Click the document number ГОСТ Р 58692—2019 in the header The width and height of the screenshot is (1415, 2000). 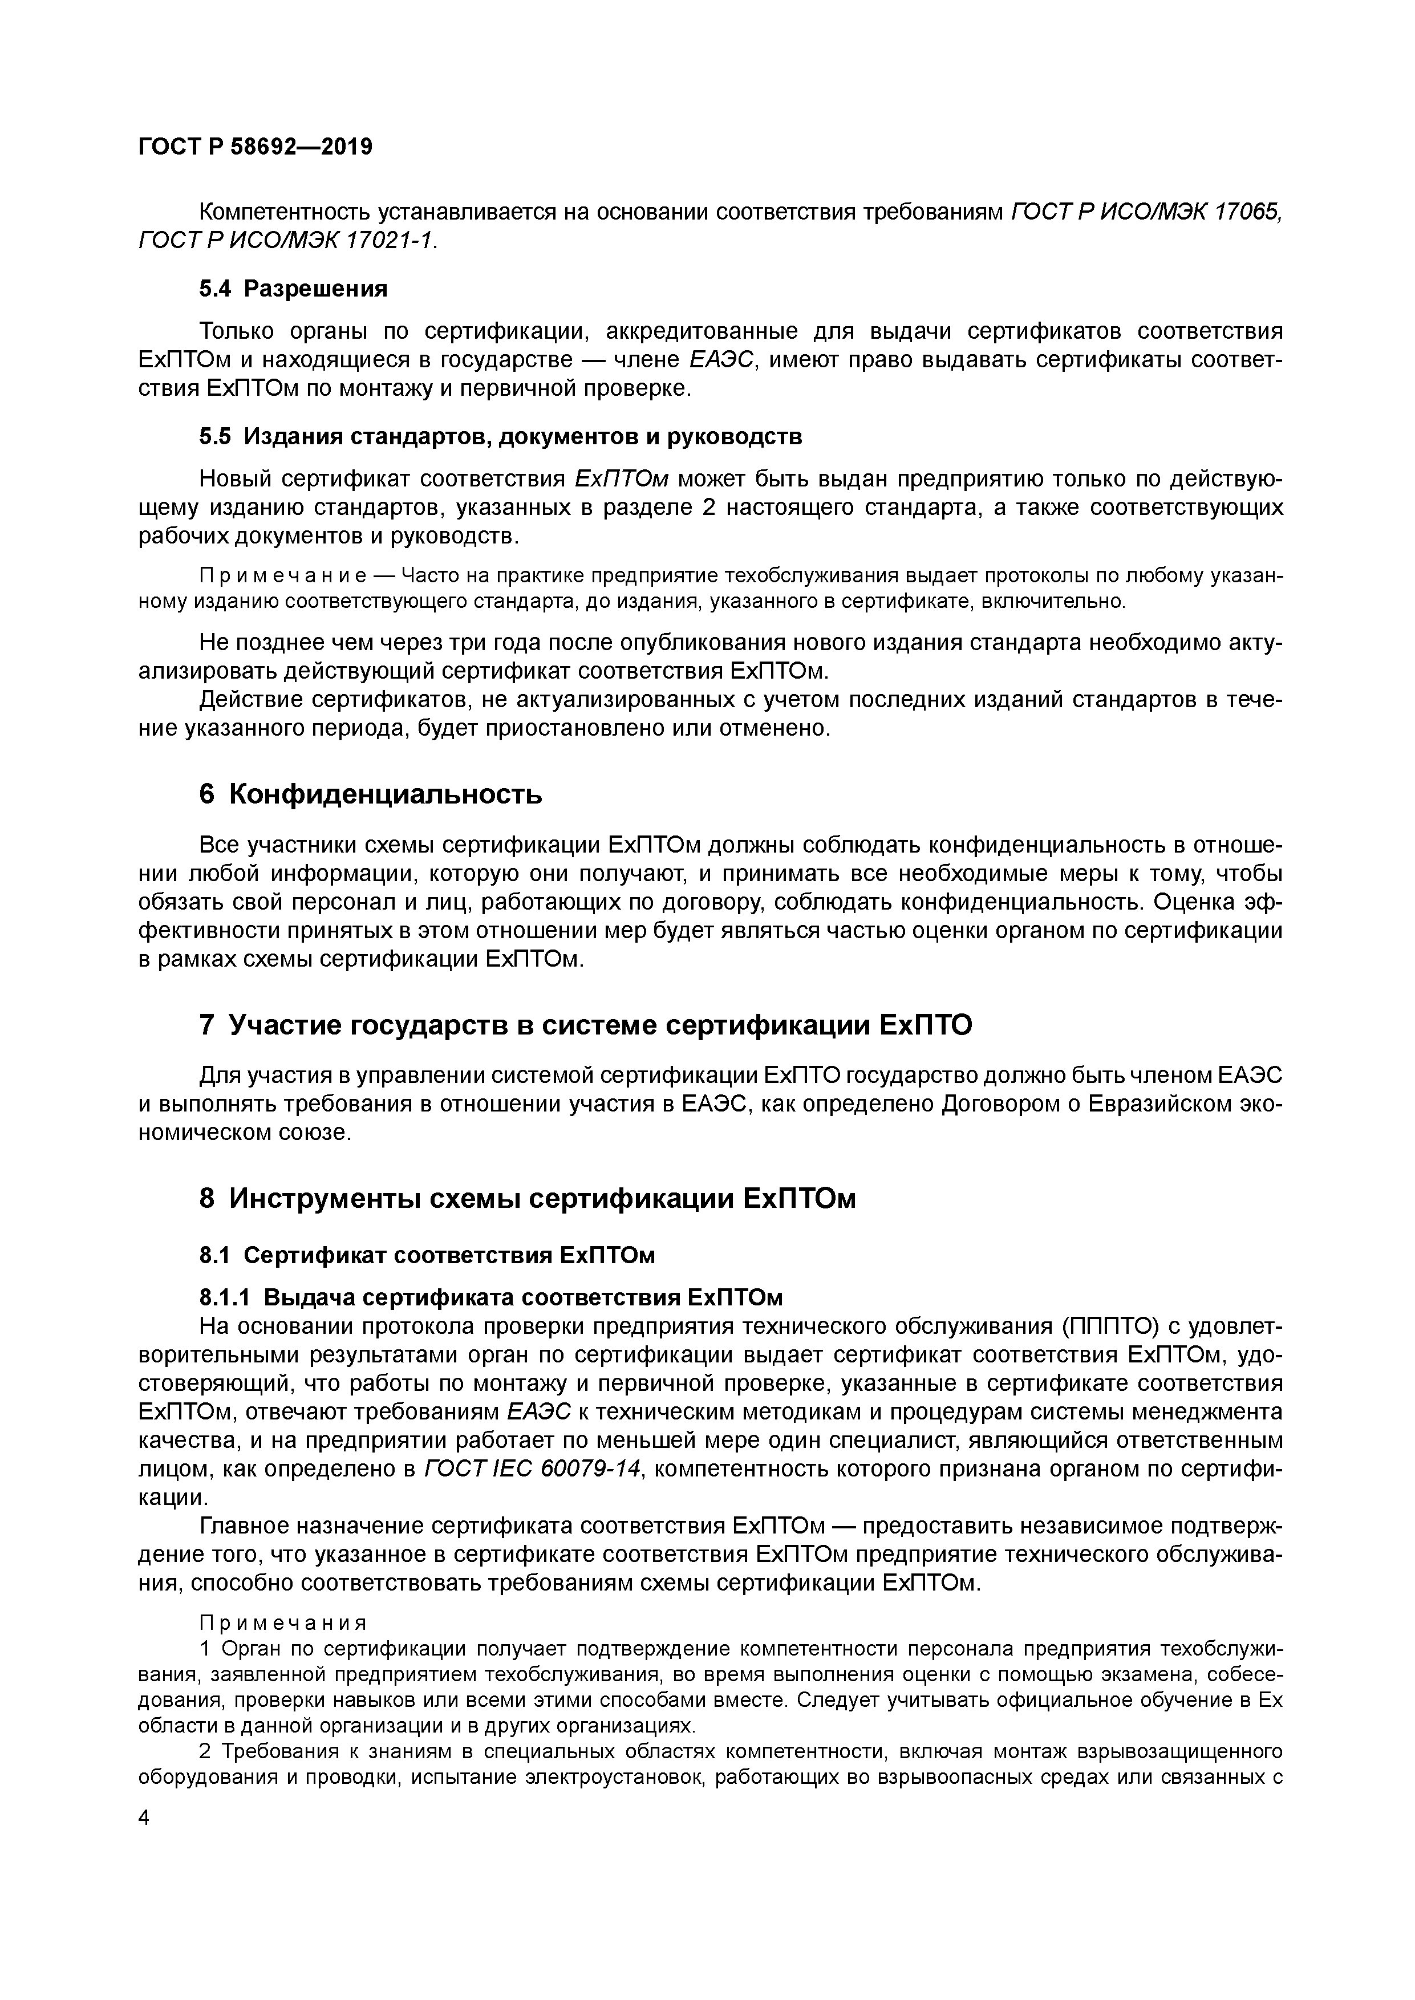(256, 147)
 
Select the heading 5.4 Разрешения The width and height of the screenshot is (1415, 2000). (294, 289)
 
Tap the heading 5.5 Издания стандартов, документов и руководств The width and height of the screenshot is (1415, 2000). (500, 436)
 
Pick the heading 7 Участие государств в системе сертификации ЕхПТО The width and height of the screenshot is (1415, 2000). (586, 1026)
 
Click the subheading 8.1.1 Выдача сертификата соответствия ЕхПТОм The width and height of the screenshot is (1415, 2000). (490, 1298)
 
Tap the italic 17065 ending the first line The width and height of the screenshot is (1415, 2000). (1248, 212)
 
